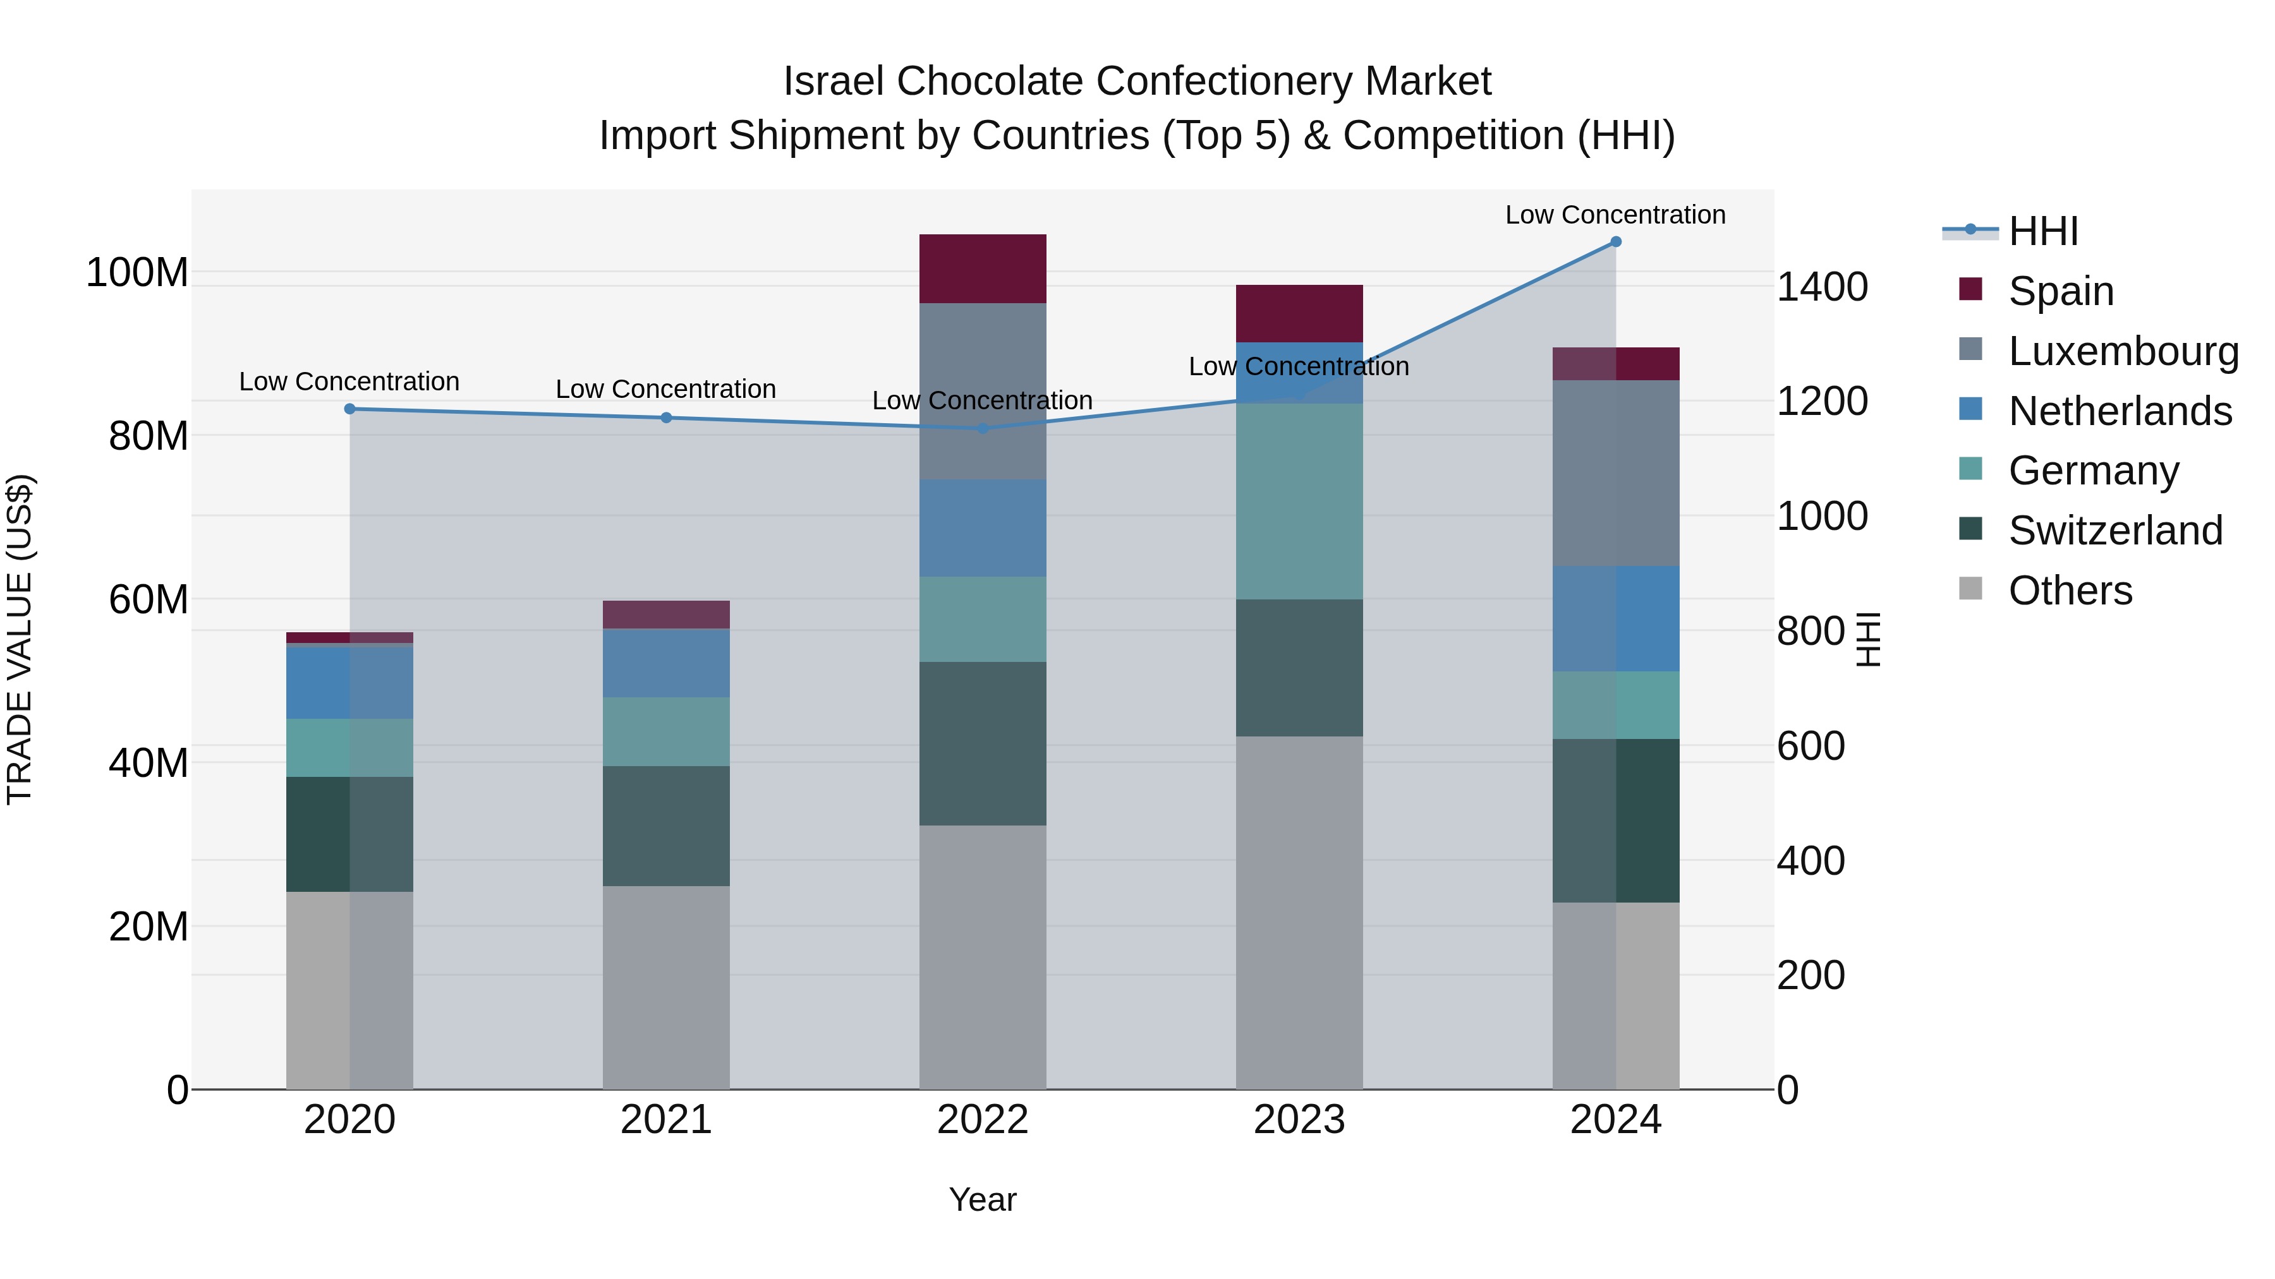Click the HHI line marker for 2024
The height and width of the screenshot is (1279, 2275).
click(1615, 242)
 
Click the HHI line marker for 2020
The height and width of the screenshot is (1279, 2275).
click(349, 409)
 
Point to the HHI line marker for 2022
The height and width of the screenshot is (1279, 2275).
click(983, 428)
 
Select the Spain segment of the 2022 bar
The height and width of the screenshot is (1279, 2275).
click(982, 269)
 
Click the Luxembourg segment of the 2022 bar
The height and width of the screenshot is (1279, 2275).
click(982, 392)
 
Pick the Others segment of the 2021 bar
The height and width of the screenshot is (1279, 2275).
click(666, 987)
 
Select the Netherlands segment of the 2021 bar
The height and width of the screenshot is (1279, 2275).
click(666, 663)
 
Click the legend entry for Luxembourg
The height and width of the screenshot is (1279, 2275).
click(2123, 351)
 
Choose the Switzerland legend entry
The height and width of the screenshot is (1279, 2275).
click(2114, 531)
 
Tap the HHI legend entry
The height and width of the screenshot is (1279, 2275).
click(2042, 231)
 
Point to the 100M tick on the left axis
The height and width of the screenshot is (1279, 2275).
click(137, 273)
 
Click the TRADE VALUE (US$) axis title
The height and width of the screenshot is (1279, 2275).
click(20, 639)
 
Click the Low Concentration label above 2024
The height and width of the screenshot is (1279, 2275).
click(1615, 215)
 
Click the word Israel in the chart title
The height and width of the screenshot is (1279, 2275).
click(833, 82)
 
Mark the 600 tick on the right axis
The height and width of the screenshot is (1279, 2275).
click(1811, 747)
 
